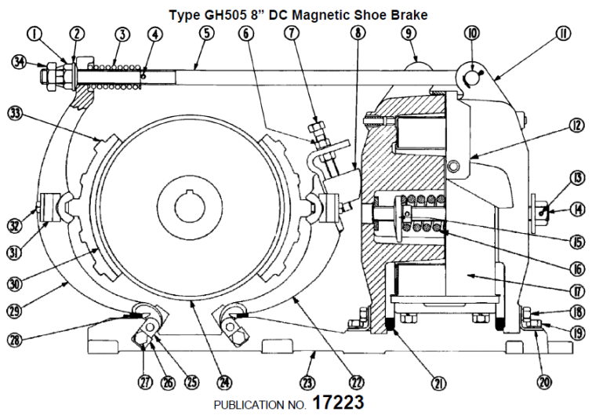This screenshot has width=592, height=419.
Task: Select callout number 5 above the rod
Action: click(205, 35)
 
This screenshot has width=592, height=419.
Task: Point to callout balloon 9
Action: click(409, 34)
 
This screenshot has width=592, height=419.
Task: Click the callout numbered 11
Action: click(562, 34)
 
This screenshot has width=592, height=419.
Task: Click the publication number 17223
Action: click(338, 403)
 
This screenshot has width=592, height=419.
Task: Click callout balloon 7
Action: click(292, 34)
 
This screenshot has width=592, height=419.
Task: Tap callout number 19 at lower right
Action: click(579, 333)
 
